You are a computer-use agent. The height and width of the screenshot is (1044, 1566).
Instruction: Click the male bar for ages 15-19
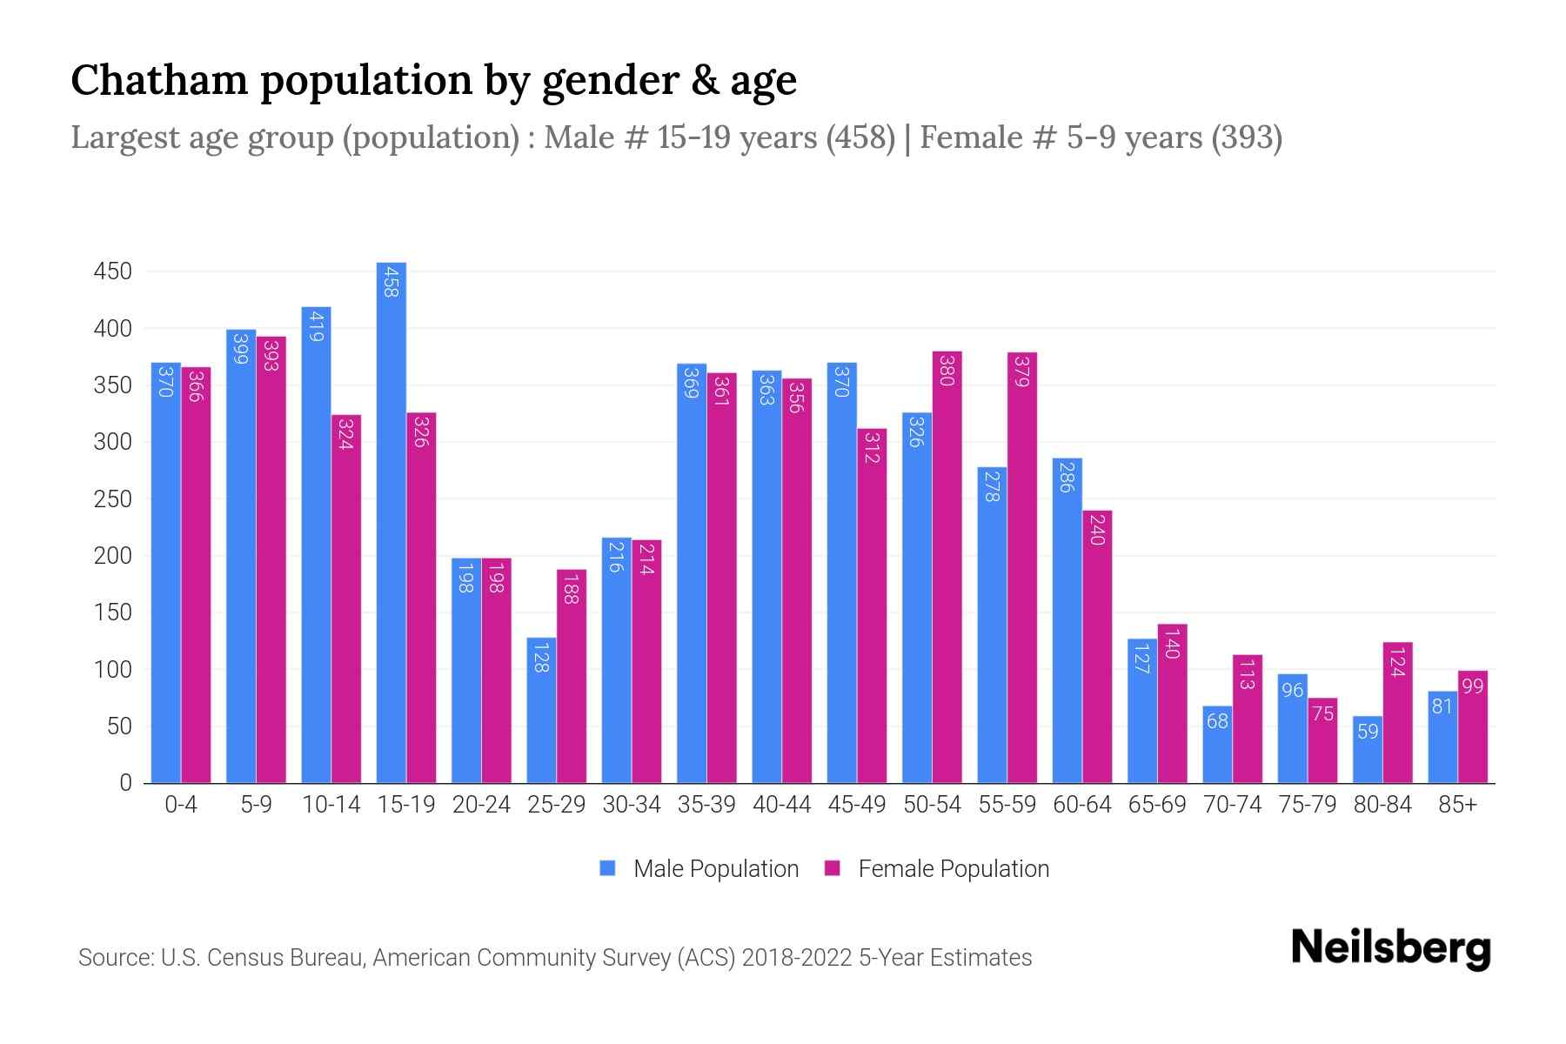pyautogui.click(x=391, y=522)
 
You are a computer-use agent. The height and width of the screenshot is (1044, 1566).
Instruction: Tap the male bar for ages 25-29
pyautogui.click(x=541, y=710)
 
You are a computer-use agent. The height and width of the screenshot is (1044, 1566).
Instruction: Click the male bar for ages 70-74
pyautogui.click(x=1217, y=745)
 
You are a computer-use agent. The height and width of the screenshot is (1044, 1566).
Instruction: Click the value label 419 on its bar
pyautogui.click(x=316, y=327)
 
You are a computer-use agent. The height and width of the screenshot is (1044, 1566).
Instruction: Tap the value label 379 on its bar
pyautogui.click(x=1022, y=372)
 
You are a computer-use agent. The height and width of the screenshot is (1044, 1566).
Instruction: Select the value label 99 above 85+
pyautogui.click(x=1472, y=686)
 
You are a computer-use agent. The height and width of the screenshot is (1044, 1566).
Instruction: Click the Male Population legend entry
pyautogui.click(x=699, y=869)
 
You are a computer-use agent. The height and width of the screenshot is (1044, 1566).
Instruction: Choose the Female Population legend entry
pyautogui.click(x=937, y=869)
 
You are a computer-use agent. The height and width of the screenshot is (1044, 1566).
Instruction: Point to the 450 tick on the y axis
pyautogui.click(x=112, y=271)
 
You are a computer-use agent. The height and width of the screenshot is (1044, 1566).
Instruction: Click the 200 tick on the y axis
pyautogui.click(x=112, y=556)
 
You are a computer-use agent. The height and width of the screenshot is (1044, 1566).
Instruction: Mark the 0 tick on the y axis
pyautogui.click(x=125, y=783)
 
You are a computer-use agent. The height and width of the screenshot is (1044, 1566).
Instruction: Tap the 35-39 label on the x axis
pyautogui.click(x=706, y=805)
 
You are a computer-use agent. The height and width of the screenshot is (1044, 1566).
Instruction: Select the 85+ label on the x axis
pyautogui.click(x=1457, y=805)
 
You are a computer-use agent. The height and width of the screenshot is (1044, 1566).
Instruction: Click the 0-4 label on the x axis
pyautogui.click(x=181, y=805)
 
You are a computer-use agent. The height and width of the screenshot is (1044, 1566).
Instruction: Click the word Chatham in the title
pyautogui.click(x=159, y=80)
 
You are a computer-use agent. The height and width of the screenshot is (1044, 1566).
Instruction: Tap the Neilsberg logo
pyautogui.click(x=1390, y=947)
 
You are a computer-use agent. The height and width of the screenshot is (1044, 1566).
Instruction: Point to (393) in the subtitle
pyautogui.click(x=1247, y=137)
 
